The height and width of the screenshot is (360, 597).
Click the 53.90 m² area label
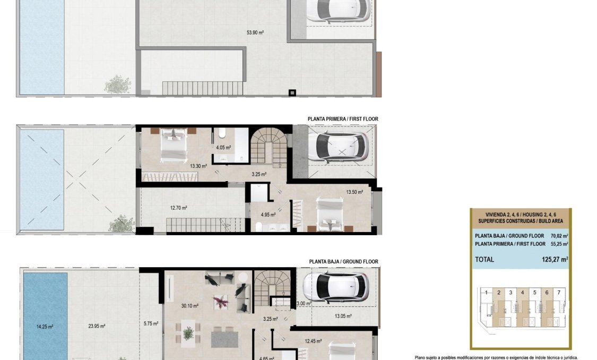[x=255, y=32]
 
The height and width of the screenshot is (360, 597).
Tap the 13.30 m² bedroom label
[x=198, y=166]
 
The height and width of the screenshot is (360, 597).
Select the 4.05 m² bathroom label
[x=223, y=147]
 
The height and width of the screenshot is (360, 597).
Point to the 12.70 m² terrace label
[x=178, y=208]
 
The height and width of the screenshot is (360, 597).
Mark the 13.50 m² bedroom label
[x=354, y=192]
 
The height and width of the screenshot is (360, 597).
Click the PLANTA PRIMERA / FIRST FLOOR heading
[x=343, y=119]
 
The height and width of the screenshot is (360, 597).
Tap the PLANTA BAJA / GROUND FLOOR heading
[x=343, y=262]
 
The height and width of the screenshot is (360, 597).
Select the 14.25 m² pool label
[x=44, y=327]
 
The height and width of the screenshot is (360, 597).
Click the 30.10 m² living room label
[x=189, y=306]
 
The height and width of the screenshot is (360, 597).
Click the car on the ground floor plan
[x=336, y=287]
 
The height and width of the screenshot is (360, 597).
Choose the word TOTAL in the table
[x=484, y=260]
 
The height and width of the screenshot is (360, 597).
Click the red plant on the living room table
[x=220, y=302]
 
